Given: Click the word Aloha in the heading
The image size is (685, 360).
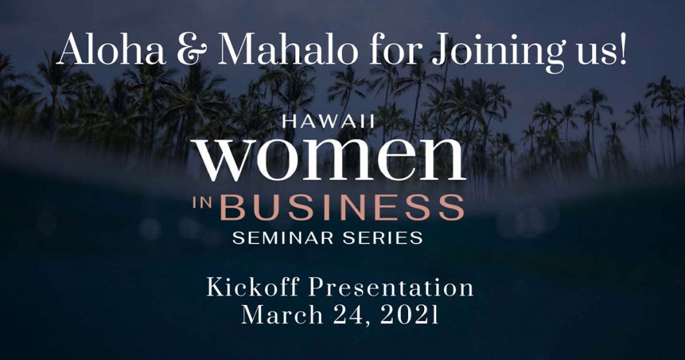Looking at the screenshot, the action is pos(112,50).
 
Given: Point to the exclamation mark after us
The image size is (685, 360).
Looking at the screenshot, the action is pos(622,50).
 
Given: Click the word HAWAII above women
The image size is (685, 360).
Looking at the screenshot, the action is pos(328,121).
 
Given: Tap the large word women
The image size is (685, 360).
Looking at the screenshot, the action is pos(331,158).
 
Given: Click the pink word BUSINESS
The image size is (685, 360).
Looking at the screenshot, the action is pos(342,207).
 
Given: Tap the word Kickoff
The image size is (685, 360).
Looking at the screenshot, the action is pos(253,288).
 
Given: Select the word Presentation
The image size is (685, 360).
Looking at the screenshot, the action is pos(391,288).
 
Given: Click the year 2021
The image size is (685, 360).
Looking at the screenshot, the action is pos(409,315).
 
